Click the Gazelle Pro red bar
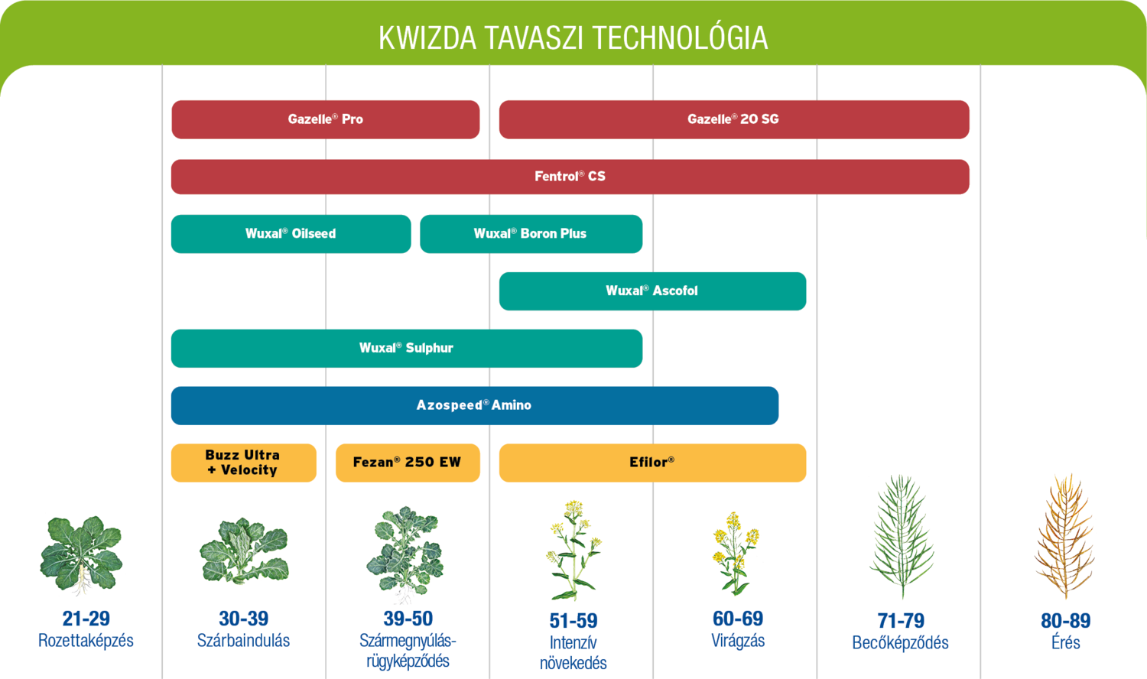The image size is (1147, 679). tap(326, 119)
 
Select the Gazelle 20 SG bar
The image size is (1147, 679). tap(734, 119)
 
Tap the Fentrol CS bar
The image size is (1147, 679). tap(570, 177)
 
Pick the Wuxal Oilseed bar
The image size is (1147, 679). tap(291, 234)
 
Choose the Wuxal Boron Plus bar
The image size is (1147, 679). tap(531, 234)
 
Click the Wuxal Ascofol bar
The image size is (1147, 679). tap(652, 291)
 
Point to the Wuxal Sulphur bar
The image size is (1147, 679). tap(407, 349)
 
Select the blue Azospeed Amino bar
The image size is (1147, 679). tap(474, 405)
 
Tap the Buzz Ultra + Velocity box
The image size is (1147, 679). tap(243, 463)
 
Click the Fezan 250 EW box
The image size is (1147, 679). tap(408, 463)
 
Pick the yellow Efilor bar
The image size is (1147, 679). tap(652, 463)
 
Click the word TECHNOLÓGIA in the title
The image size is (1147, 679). tap(680, 38)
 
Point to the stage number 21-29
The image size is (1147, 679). tap(86, 619)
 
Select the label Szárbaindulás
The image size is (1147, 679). tap(243, 641)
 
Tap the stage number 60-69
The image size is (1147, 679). tap(738, 619)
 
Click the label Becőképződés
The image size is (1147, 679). tap(900, 643)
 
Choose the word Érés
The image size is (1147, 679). tap(1065, 643)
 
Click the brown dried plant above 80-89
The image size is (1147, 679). tap(1064, 535)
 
